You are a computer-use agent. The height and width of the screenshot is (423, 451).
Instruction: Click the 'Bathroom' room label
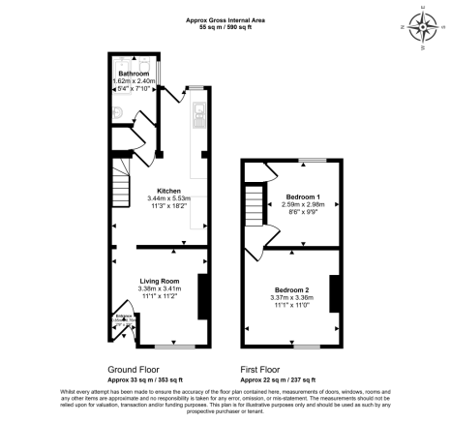pyautogui.click(x=133, y=74)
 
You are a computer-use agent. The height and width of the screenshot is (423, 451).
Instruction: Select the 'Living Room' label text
pyautogui.click(x=160, y=280)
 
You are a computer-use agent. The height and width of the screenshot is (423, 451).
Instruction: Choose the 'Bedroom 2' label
pyautogui.click(x=291, y=290)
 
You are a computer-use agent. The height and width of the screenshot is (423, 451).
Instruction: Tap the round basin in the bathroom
pyautogui.click(x=116, y=113)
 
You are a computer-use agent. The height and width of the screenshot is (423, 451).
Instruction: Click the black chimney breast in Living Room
pyautogui.click(x=202, y=297)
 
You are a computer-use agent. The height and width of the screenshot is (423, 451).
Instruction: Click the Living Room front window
pyautogui.click(x=174, y=345)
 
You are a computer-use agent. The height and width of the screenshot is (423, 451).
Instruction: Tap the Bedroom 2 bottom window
pyautogui.click(x=307, y=346)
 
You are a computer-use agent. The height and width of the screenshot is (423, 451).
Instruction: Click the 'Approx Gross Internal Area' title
pyautogui.click(x=225, y=18)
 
